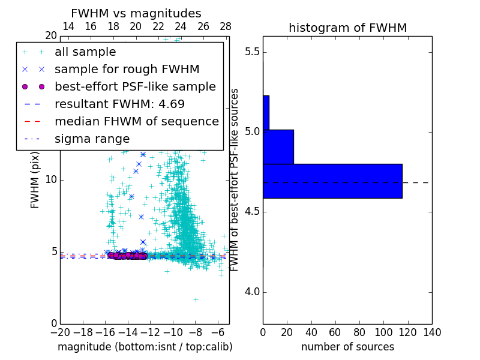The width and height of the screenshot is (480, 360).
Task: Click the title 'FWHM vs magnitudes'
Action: pyautogui.click(x=136, y=13)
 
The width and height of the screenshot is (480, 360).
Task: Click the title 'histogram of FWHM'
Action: pyautogui.click(x=347, y=28)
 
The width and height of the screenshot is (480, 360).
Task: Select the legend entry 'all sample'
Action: pyautogui.click(x=85, y=52)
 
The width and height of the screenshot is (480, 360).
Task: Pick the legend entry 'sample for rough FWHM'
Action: pyautogui.click(x=127, y=69)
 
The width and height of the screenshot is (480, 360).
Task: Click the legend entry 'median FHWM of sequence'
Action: pyautogui.click(x=136, y=121)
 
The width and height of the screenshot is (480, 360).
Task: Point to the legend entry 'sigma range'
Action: pyautogui.click(x=92, y=139)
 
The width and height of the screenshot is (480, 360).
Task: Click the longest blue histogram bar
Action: pyautogui.click(x=332, y=181)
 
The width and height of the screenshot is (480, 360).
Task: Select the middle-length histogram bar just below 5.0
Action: pyautogui.click(x=278, y=146)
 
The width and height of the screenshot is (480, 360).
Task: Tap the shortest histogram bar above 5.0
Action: pyautogui.click(x=266, y=112)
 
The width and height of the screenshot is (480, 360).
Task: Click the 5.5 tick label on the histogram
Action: pyautogui.click(x=251, y=52)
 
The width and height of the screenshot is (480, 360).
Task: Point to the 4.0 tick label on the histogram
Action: pyautogui.click(x=251, y=292)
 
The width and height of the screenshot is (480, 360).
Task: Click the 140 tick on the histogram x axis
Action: pyautogui.click(x=432, y=332)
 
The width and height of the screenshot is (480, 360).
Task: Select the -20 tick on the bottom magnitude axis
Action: pyautogui.click(x=60, y=332)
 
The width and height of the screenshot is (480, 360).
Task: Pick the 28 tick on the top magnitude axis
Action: pyautogui.click(x=226, y=26)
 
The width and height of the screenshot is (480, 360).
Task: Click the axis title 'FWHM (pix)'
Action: pyautogui.click(x=35, y=180)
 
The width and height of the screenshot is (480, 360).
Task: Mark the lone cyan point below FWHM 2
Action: pyautogui.click(x=196, y=299)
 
